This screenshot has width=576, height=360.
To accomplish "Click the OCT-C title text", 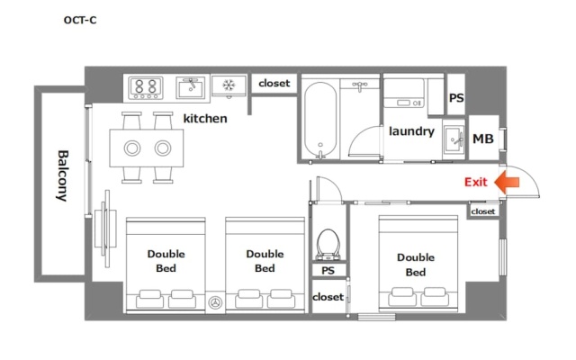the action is (80, 20).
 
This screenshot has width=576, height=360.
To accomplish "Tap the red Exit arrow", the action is (507, 182).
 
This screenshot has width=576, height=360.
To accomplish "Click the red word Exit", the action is (476, 182).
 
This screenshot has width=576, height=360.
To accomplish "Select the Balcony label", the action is (63, 175).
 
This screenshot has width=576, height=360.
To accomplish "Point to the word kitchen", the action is (205, 118).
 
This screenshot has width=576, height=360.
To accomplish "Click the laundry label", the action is (411, 131).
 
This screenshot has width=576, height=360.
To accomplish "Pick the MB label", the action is (482, 139).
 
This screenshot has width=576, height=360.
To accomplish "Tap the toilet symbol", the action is (328, 244).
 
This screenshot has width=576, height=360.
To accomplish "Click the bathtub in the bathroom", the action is (320, 120).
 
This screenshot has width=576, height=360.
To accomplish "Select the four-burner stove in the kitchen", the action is (146, 88).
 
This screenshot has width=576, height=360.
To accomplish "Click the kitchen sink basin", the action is (190, 88).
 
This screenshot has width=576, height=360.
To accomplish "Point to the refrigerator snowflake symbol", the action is (229, 85).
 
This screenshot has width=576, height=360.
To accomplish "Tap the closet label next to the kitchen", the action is (274, 84).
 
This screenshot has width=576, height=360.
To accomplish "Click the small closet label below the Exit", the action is (482, 211).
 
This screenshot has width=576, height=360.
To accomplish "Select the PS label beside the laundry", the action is (456, 98).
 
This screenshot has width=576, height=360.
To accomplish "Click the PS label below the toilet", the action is (328, 271).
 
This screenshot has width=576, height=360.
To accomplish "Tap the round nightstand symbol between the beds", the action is (215, 302).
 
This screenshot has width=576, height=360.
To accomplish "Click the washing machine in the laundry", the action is (404, 94).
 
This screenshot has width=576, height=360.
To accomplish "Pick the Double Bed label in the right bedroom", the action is (416, 265).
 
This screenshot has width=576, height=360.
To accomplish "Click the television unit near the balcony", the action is (106, 229).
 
